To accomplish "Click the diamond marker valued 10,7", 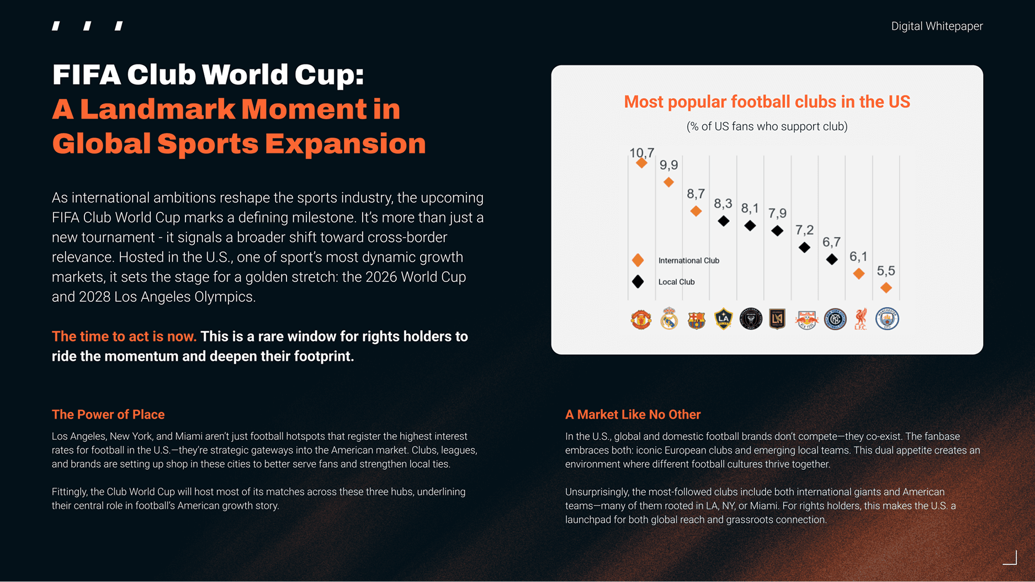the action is tap(641, 163).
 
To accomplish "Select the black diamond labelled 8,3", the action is tap(723, 221).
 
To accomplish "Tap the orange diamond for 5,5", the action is tap(886, 287).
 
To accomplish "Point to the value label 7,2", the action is tap(804, 230).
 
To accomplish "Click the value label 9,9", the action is tap(668, 165).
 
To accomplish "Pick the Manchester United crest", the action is tap(641, 319).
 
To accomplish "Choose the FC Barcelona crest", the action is tap(696, 319).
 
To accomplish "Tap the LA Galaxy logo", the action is tap(723, 319).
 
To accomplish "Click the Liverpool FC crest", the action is tap(861, 319).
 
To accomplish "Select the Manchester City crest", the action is tap(887, 319).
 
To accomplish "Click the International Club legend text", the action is tap(688, 260).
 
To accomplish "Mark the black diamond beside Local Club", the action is tap(638, 282).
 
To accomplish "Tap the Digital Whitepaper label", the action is tap(937, 26).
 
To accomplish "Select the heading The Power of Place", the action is tap(108, 414).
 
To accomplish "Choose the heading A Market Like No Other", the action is tap(633, 414).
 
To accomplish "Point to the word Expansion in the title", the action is tap(345, 143).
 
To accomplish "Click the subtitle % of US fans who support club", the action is tap(767, 126).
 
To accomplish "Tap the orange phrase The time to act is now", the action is tap(124, 337).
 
